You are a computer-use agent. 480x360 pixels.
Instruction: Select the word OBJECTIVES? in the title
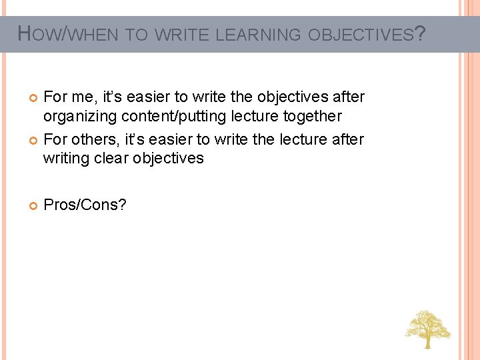coord(365,34)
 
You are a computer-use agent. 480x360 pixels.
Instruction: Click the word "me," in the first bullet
coord(82,97)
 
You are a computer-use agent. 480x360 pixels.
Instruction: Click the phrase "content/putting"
coord(169,117)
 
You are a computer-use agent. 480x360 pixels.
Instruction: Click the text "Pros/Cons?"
coord(85,205)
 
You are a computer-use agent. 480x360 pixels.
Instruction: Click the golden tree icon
coord(427,328)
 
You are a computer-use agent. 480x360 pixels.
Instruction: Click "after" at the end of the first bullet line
coord(348,97)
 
